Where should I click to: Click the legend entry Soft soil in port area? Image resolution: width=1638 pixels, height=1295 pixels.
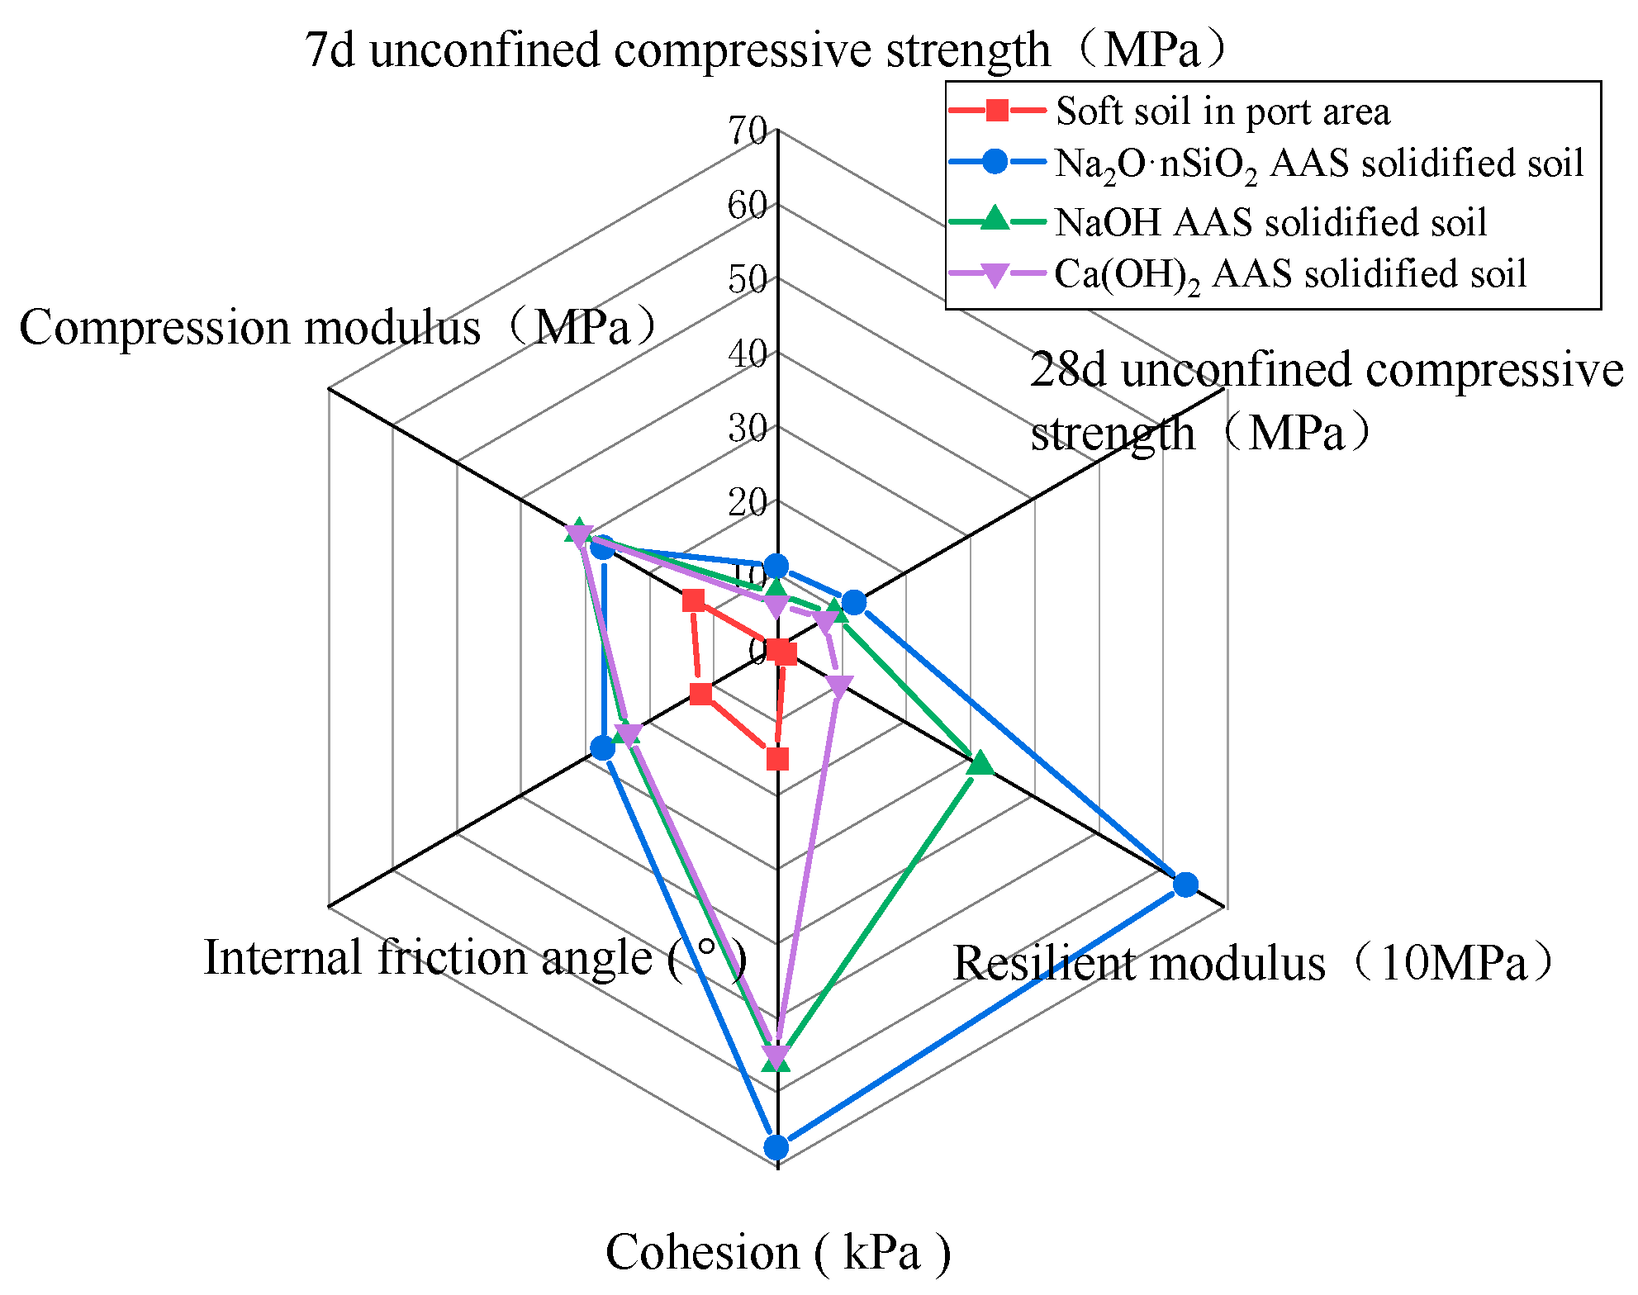1223,111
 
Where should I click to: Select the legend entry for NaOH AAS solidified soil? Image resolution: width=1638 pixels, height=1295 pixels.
1270,222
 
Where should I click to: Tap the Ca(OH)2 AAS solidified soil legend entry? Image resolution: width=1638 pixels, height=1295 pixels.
1289,274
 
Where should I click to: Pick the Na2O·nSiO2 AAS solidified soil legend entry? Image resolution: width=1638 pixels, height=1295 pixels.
1318,163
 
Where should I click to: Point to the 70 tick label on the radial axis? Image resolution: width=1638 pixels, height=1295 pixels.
748,130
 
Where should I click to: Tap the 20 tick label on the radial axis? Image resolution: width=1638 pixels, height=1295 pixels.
748,502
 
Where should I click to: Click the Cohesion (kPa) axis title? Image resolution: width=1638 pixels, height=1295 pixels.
777,1252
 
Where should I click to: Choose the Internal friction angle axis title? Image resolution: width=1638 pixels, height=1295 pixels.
475,958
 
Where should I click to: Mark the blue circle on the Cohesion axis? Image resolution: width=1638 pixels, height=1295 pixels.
776,1146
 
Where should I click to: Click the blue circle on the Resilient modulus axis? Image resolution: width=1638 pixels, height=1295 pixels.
1185,885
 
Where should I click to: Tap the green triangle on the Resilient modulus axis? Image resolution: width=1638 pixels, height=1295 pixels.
980,763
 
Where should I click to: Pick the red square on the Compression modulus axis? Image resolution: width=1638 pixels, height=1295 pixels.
694,601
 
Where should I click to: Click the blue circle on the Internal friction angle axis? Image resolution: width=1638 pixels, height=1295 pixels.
603,749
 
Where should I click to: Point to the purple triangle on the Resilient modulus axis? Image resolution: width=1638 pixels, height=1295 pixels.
839,685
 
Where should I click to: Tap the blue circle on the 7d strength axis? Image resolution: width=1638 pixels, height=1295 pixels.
776,566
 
